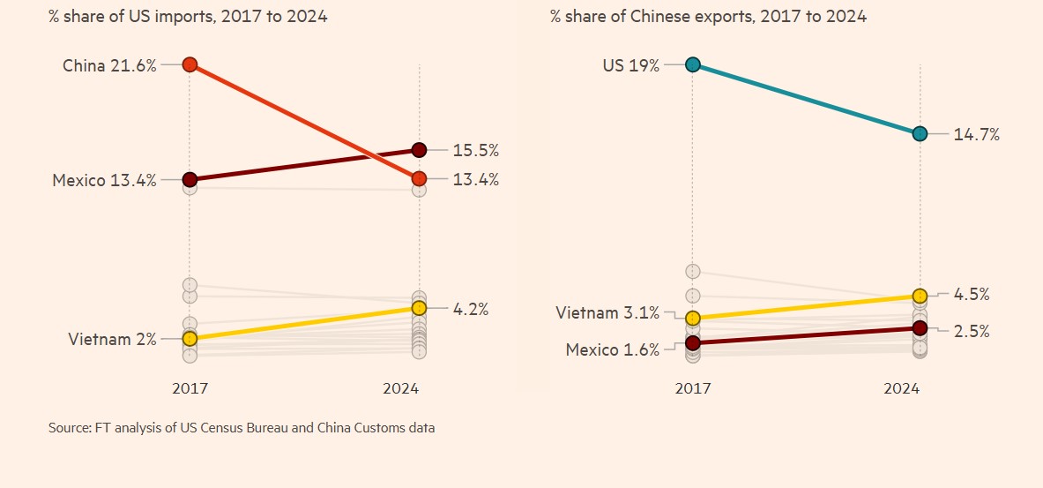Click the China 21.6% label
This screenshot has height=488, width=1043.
pyautogui.click(x=109, y=64)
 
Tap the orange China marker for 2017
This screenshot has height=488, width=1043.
pyautogui.click(x=190, y=64)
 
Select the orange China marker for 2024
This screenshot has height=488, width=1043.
pyautogui.click(x=419, y=178)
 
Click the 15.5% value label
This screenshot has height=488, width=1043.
pyautogui.click(x=476, y=150)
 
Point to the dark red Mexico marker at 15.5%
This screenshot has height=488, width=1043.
pyautogui.click(x=419, y=150)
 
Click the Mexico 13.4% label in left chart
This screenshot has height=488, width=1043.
pyautogui.click(x=104, y=180)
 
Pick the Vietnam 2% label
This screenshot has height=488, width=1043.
pyautogui.click(x=112, y=339)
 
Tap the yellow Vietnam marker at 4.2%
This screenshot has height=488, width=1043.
pyautogui.click(x=419, y=308)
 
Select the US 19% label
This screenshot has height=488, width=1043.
pyautogui.click(x=630, y=64)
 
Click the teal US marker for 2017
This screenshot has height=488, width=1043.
pyautogui.click(x=693, y=64)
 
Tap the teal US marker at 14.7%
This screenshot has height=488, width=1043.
pyautogui.click(x=920, y=133)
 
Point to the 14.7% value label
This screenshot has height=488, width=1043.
pyautogui.click(x=976, y=134)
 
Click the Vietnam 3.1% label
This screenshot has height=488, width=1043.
pyautogui.click(x=607, y=312)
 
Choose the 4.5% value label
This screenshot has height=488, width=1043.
pyautogui.click(x=971, y=294)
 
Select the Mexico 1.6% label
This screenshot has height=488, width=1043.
pyautogui.click(x=612, y=349)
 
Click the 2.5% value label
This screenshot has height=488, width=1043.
pyautogui.click(x=971, y=332)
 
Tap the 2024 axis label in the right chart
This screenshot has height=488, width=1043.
pyautogui.click(x=902, y=388)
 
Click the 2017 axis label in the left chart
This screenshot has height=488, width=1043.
pyautogui.click(x=190, y=388)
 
